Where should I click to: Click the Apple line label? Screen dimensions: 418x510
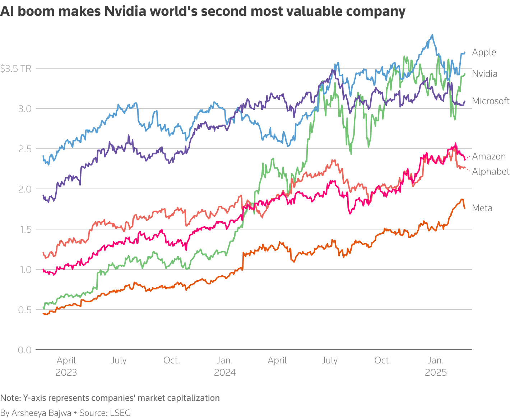tap(484, 52)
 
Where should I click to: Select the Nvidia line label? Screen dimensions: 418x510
tap(485, 74)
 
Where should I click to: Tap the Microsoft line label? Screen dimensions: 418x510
tap(491, 101)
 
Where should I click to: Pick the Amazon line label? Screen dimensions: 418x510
tap(489, 157)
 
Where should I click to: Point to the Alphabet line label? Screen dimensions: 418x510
tap(491, 172)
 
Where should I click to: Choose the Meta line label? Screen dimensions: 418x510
tap(482, 208)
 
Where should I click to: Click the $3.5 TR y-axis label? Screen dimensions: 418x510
tap(16, 69)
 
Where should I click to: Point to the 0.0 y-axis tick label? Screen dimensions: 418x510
tap(25, 350)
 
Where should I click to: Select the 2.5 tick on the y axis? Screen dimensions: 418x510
tap(25, 149)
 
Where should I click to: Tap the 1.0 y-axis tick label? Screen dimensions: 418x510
tap(25, 269)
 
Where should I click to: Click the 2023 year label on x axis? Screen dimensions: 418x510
tap(66, 372)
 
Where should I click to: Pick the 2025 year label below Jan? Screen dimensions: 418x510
tap(436, 372)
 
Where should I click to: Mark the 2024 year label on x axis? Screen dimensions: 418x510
tap(225, 372)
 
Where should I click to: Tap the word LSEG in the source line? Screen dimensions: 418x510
tap(120, 413)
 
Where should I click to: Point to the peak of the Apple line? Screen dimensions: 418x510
tap(432, 35)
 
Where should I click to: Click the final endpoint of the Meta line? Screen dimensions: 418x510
tap(465, 208)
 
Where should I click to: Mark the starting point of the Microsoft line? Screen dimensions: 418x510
tap(43, 195)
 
